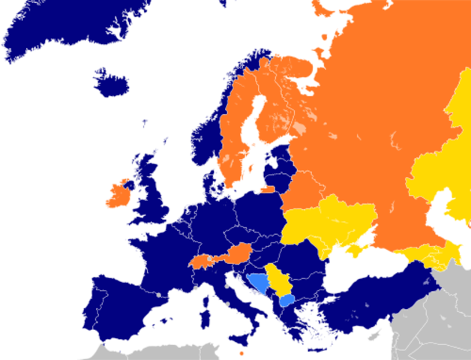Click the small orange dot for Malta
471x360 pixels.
pyautogui.click(x=241, y=352)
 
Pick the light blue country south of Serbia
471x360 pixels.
pyautogui.click(x=286, y=300)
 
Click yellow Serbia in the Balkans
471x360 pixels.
pyautogui.click(x=276, y=279)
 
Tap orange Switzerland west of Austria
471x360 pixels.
pyautogui.click(x=201, y=262)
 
